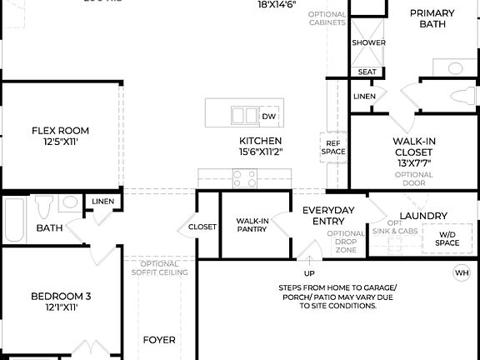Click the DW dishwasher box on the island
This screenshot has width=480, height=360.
(x=268, y=114)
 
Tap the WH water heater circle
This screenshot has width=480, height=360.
(x=461, y=272)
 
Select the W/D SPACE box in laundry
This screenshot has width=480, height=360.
(x=447, y=239)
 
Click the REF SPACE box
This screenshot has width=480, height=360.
(x=333, y=147)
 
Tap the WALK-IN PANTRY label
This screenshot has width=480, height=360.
(x=252, y=225)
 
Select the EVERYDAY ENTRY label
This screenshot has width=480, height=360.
(x=328, y=215)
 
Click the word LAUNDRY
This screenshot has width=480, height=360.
(x=423, y=216)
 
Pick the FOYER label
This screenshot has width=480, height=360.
(x=159, y=340)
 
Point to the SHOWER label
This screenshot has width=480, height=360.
(x=368, y=42)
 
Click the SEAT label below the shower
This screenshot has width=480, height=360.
(x=367, y=72)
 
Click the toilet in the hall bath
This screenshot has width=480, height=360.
(x=43, y=206)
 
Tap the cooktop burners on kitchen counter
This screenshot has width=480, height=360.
(x=244, y=177)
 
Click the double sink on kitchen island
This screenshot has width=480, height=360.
(x=243, y=114)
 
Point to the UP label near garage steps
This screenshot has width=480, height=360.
(x=309, y=273)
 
